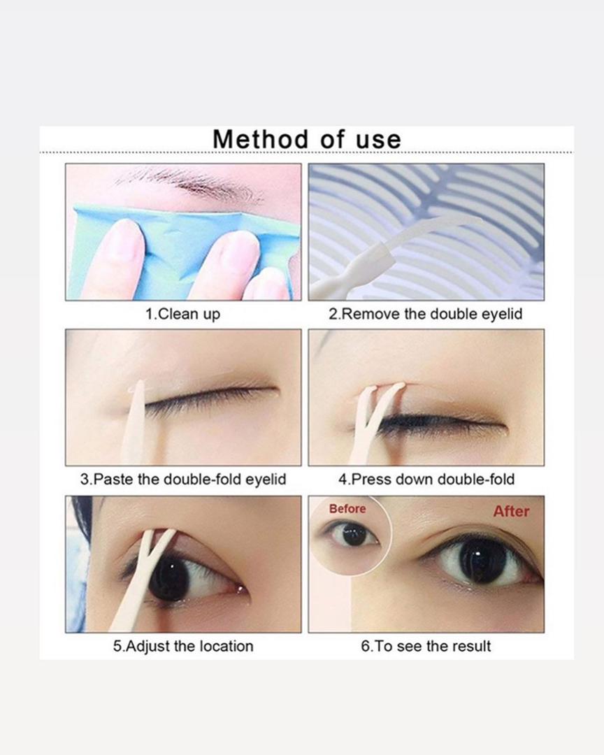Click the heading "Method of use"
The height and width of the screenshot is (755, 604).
point(307,140)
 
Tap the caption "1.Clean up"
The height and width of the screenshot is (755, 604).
point(183,315)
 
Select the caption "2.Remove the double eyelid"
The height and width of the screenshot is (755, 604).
point(426,314)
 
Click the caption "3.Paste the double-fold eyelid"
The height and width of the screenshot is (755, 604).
point(183,480)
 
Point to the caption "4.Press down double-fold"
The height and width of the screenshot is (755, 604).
point(426,480)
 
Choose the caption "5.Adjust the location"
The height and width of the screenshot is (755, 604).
point(183,646)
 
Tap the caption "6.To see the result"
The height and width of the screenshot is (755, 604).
point(426,646)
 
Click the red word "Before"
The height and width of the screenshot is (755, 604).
point(347,509)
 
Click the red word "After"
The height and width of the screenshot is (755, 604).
point(511,511)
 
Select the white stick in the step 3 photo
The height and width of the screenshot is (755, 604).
point(134,424)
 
